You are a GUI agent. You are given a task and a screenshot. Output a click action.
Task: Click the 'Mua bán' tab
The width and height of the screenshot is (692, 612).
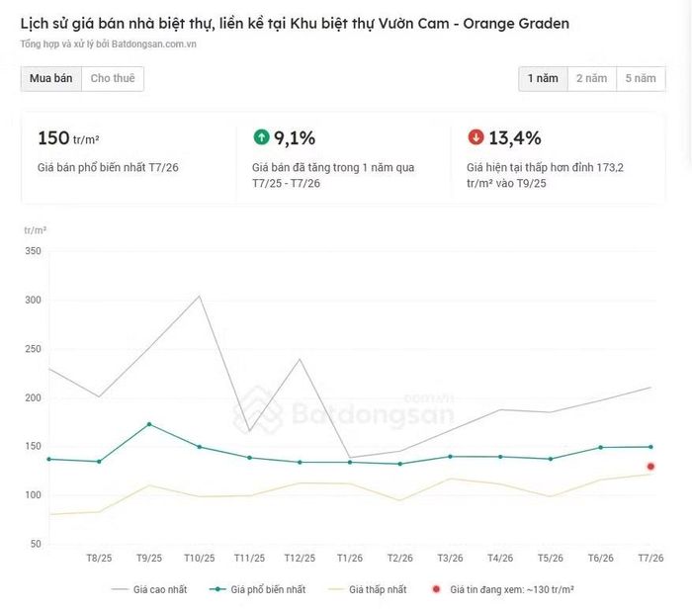pos(51,78)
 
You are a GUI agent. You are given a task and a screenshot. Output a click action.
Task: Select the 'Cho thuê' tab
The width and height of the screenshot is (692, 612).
pos(113,78)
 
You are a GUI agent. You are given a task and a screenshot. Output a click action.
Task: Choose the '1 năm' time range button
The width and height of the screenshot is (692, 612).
pos(544,78)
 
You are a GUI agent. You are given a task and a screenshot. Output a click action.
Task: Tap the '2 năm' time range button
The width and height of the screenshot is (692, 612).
pos(592,78)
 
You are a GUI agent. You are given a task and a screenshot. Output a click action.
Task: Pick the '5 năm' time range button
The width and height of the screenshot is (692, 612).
pos(641,78)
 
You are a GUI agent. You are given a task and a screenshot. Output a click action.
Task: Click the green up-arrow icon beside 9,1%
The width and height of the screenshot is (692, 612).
pos(261,136)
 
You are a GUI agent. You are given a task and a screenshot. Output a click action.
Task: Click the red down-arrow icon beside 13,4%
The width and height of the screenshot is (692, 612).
pos(476,136)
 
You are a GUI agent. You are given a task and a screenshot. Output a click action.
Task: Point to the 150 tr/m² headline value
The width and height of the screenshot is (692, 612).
pos(68,138)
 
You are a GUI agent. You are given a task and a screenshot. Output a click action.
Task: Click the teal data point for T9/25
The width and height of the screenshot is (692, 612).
pos(149,424)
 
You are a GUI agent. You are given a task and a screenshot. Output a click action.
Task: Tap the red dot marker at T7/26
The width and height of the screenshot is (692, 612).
pos(650,467)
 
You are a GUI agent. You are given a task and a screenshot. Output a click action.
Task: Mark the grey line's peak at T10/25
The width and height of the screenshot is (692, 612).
pos(200,296)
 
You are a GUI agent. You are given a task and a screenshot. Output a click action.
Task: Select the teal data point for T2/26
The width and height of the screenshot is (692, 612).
pos(400,464)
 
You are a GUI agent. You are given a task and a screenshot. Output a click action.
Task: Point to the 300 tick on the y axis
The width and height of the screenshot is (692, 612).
pos(33,300)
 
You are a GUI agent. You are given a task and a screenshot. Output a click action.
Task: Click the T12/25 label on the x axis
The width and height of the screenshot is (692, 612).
pos(300,559)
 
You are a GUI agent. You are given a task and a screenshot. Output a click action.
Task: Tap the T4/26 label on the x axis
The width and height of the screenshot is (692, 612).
pos(500,559)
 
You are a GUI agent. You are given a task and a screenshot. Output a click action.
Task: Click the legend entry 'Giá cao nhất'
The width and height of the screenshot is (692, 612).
pos(149,589)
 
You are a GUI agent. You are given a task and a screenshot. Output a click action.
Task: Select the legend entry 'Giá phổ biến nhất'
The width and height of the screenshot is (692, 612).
pos(257,589)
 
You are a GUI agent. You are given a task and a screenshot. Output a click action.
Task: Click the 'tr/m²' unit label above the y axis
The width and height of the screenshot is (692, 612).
pos(36,230)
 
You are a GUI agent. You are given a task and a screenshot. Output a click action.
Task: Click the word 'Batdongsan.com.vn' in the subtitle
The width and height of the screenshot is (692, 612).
pos(154,44)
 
